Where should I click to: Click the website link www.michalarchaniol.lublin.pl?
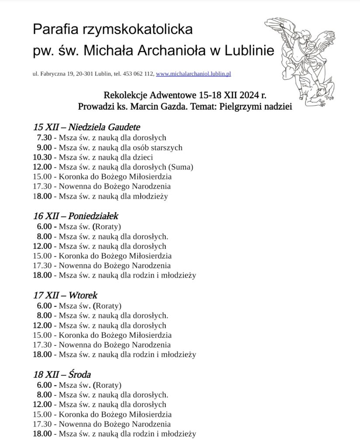[193, 74]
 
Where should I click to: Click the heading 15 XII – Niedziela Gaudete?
[87, 127]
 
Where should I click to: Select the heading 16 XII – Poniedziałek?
[76, 216]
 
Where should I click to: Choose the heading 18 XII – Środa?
[62, 375]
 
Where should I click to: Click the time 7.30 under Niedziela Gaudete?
[44, 138]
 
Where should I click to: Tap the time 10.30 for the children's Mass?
[42, 157]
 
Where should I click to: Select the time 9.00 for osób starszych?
[44, 148]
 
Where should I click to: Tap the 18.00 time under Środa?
[42, 434]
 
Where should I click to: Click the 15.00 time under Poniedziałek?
[42, 256]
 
